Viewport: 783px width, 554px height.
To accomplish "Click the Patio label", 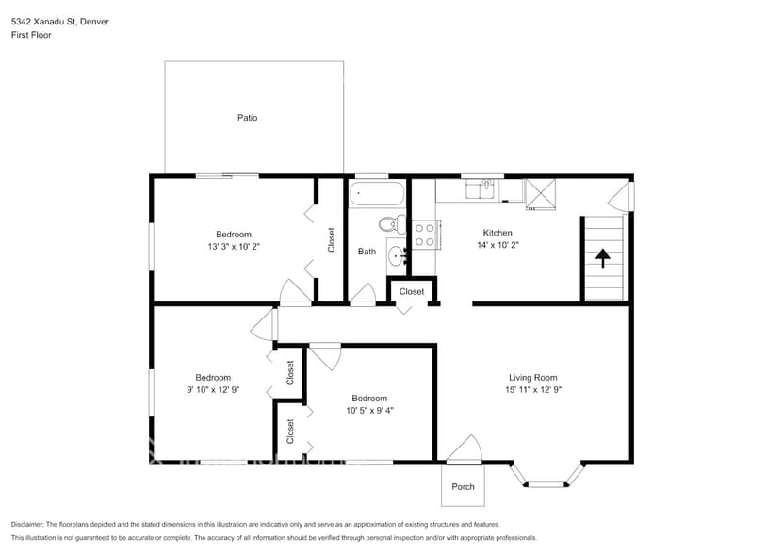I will click(x=247, y=118).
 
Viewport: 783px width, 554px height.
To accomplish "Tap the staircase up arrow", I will click(x=603, y=255).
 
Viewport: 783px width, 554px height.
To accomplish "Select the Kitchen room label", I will click(x=498, y=233).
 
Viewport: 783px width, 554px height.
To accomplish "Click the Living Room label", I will click(x=533, y=378).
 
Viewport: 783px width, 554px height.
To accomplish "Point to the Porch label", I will click(x=463, y=487).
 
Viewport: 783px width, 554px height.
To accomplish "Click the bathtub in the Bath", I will click(x=377, y=195).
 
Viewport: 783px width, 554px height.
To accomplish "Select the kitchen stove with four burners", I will click(x=425, y=235).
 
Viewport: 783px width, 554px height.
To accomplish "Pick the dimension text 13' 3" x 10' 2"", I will click(x=234, y=246).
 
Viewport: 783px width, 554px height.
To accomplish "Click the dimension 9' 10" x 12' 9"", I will click(x=213, y=390).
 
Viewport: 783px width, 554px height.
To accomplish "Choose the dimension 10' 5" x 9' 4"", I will click(x=369, y=410).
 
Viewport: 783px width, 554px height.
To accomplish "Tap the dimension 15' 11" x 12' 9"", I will click(x=533, y=390).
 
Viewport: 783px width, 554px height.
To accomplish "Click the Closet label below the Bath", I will click(x=412, y=292).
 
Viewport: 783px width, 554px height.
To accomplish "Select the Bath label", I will click(x=367, y=252).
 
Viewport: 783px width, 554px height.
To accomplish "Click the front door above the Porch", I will click(x=464, y=451).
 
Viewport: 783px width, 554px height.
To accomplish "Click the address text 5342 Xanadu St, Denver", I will click(x=59, y=22).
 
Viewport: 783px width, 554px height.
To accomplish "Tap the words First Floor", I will click(x=31, y=35).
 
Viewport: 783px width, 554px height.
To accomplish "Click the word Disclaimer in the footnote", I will click(x=27, y=524).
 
